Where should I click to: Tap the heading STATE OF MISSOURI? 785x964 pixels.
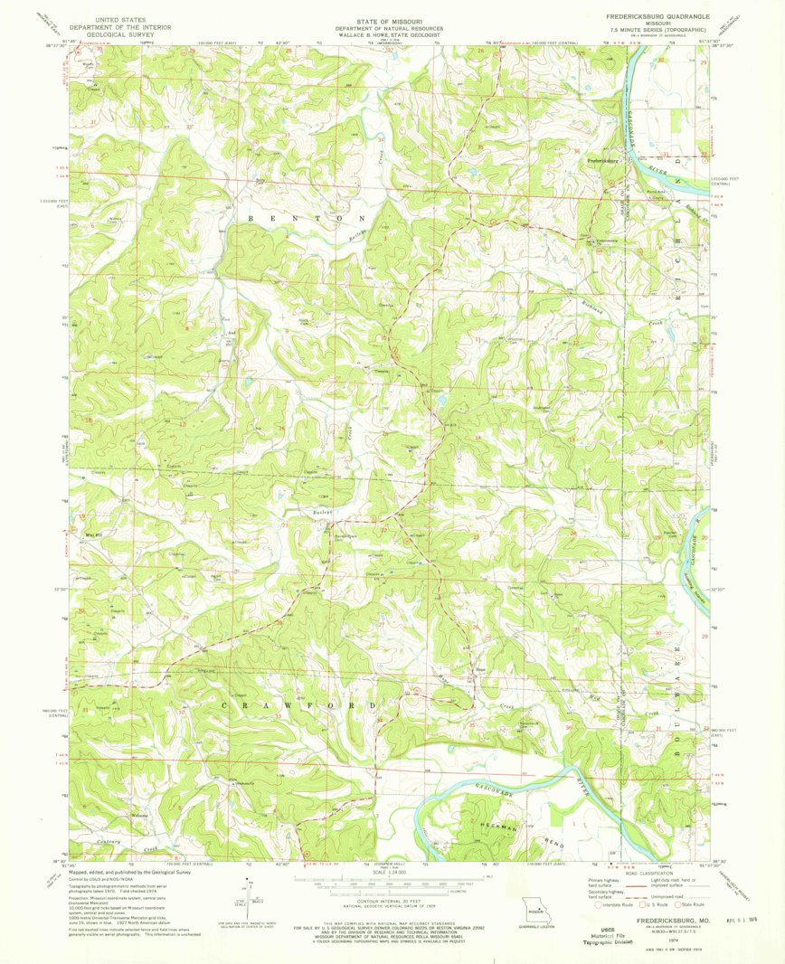392,16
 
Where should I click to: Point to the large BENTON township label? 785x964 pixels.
307,219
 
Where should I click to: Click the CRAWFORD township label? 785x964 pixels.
298,704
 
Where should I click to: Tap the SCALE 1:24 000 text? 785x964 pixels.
392,872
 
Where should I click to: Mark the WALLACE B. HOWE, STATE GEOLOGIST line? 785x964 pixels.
392,33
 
